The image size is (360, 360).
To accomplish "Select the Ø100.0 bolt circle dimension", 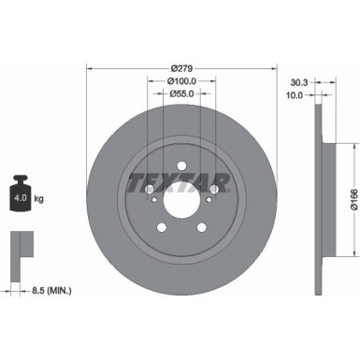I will (x=181, y=80).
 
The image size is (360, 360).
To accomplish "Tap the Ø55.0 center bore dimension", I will (x=181, y=94).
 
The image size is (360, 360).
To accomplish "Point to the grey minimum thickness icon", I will (x=20, y=245).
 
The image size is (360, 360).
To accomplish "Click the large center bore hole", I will (x=181, y=200).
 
